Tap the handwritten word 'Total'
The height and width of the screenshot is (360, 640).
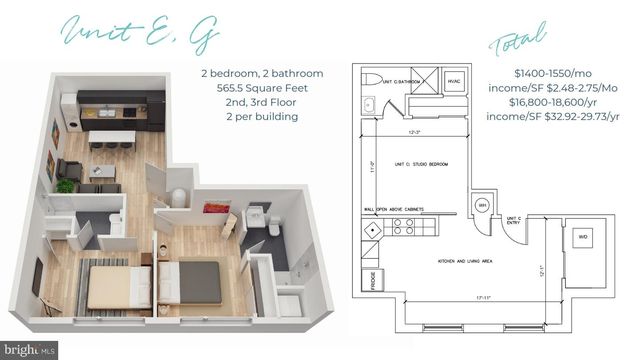click(x=519, y=42)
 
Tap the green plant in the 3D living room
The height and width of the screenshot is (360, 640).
click(x=67, y=185)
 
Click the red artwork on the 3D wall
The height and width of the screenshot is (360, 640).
click(x=216, y=208)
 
